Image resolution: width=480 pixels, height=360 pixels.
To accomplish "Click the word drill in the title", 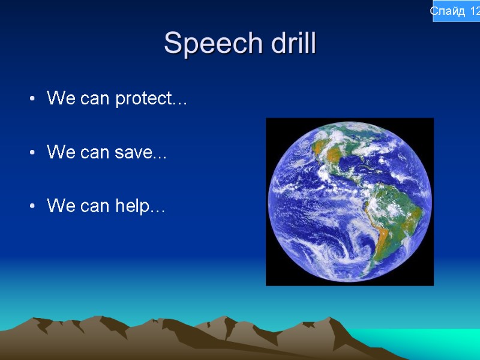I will coord(286,44).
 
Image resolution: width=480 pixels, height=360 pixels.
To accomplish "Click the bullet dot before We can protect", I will coord(31,99).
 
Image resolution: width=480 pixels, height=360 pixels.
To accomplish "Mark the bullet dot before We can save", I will coord(31,153).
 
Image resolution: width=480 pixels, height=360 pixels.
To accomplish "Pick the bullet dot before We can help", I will coord(31,207).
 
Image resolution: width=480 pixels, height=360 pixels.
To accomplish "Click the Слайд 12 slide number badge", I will coord(456,11).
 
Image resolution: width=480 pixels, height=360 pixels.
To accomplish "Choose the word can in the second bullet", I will coord(95,153).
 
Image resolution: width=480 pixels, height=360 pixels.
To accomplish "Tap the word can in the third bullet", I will coord(95,206).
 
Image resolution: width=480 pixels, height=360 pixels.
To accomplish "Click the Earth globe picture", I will coord(349,202).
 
